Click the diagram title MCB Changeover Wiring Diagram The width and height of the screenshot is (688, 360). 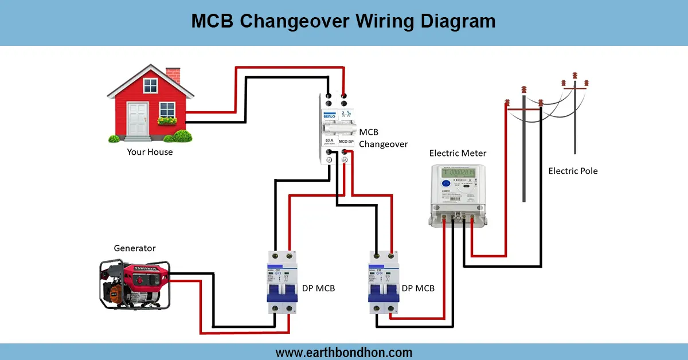tap(343, 21)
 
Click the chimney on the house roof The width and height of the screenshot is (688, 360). tap(173, 76)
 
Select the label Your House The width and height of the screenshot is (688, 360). tap(150, 152)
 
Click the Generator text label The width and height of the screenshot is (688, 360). tap(135, 248)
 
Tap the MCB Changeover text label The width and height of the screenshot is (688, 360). tap(383, 138)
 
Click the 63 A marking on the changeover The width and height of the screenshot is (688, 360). tap(328, 140)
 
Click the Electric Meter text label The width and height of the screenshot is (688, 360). tap(458, 153)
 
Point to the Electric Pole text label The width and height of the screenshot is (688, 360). tap(573, 171)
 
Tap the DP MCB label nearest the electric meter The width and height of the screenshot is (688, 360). tap(418, 288)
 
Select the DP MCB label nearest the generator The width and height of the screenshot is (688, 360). tap(318, 288)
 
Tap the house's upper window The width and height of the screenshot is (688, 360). tap(150, 86)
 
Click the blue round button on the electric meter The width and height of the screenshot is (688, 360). tap(445, 184)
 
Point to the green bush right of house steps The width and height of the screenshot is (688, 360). tap(181, 136)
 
